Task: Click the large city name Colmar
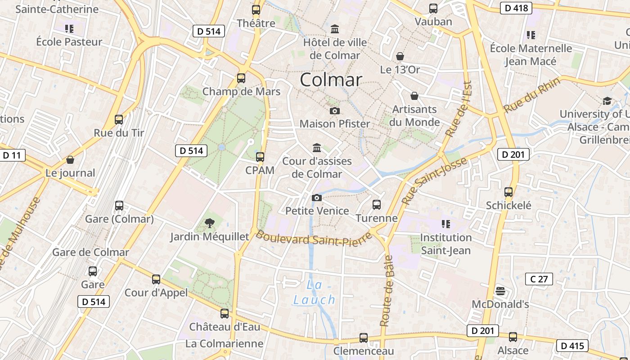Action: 331,80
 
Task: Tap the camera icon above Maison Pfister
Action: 334,111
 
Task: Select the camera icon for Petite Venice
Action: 316,198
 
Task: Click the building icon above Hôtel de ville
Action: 335,29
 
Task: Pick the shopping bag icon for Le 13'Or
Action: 400,56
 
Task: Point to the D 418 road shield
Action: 516,8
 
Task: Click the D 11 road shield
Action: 12,156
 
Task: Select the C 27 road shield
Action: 539,279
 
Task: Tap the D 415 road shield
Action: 572,346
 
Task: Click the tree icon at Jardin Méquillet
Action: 209,223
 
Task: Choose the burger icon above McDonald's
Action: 500,291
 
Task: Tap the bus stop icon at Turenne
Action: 377,205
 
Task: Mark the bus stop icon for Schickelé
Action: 508,192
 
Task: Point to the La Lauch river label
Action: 315,292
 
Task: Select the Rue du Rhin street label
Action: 531,95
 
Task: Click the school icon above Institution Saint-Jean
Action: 445,224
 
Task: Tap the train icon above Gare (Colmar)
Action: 119,206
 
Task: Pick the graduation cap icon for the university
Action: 607,101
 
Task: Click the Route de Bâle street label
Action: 387,291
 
